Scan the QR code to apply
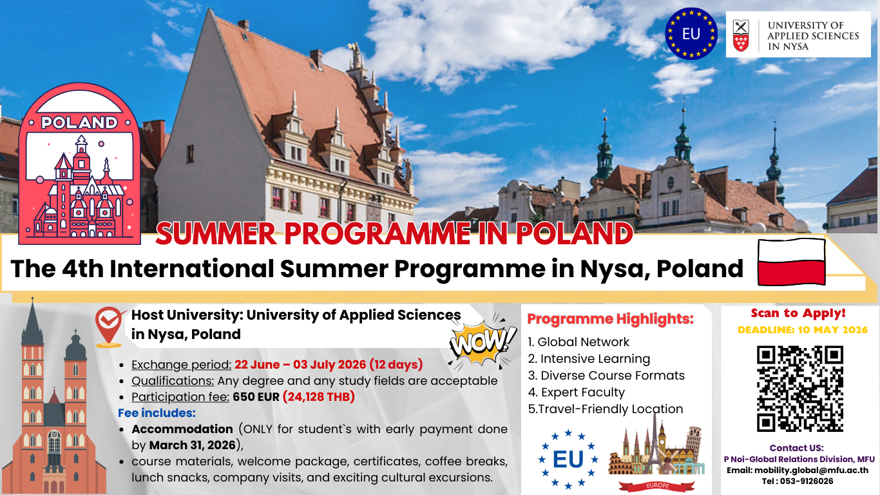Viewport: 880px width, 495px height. [x=799, y=389]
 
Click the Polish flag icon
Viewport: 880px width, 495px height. [x=792, y=262]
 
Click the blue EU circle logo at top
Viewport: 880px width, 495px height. [x=691, y=34]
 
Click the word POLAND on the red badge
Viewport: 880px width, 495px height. [x=79, y=122]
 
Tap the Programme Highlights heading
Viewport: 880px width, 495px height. [x=610, y=318]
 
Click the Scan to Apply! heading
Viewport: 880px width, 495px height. [x=798, y=313]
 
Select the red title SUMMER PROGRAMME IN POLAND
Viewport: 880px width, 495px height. [x=394, y=234]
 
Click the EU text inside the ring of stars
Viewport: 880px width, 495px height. [x=568, y=459]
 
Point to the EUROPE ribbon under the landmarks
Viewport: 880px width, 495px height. [x=653, y=484]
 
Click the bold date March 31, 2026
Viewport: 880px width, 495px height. [x=192, y=445]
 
